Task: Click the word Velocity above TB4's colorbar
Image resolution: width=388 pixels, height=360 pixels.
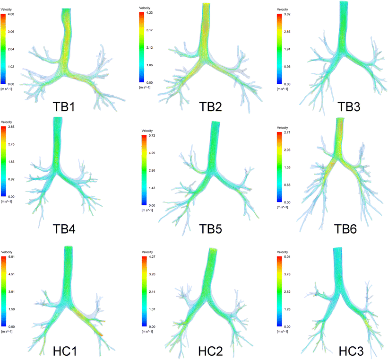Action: pos(9,123)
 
